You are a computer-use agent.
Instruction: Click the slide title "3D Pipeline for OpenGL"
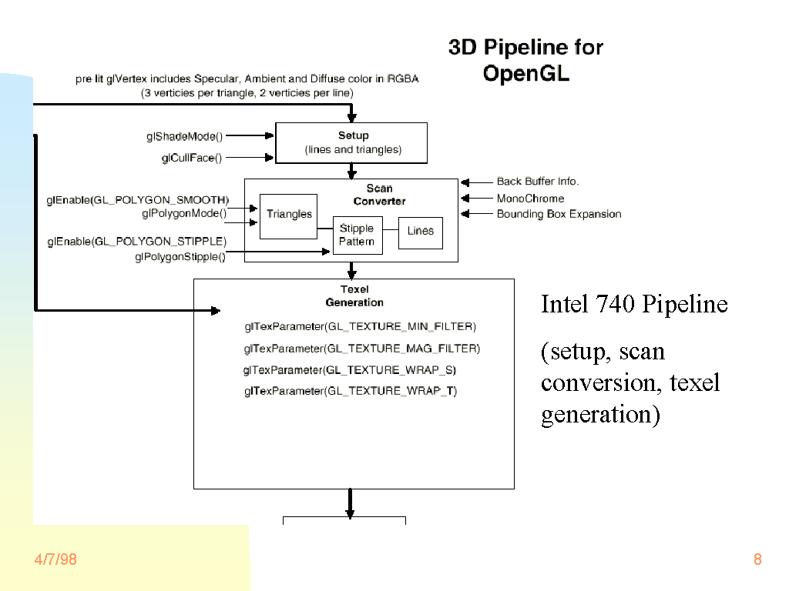coord(525,60)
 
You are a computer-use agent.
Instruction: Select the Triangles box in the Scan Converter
coord(289,215)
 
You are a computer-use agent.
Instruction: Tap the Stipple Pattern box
coord(357,235)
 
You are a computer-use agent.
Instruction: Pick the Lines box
coord(421,231)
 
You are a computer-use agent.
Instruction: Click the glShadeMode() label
coord(184,136)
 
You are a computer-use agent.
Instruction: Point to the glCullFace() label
coord(191,158)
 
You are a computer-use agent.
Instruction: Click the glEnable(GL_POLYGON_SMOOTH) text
coord(138,200)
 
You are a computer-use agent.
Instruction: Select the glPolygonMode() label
coord(184,213)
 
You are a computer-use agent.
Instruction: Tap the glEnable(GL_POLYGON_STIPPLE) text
coord(136,242)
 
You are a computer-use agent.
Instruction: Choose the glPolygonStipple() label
coord(180,256)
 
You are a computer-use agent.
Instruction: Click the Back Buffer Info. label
coord(538,182)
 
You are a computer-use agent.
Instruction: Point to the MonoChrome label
coord(530,199)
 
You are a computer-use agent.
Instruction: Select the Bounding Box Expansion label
coord(559,214)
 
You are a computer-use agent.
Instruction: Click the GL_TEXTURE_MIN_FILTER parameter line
coord(360,327)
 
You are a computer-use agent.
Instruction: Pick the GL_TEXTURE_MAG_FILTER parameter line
coord(361,349)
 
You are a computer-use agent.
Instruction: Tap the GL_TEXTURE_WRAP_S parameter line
coord(350,370)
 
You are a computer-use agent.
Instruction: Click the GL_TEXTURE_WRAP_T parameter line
coord(351,391)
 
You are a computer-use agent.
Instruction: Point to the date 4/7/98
coord(55,559)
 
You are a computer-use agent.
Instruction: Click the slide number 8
coord(757,559)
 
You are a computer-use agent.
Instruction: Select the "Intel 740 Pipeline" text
coord(634,304)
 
